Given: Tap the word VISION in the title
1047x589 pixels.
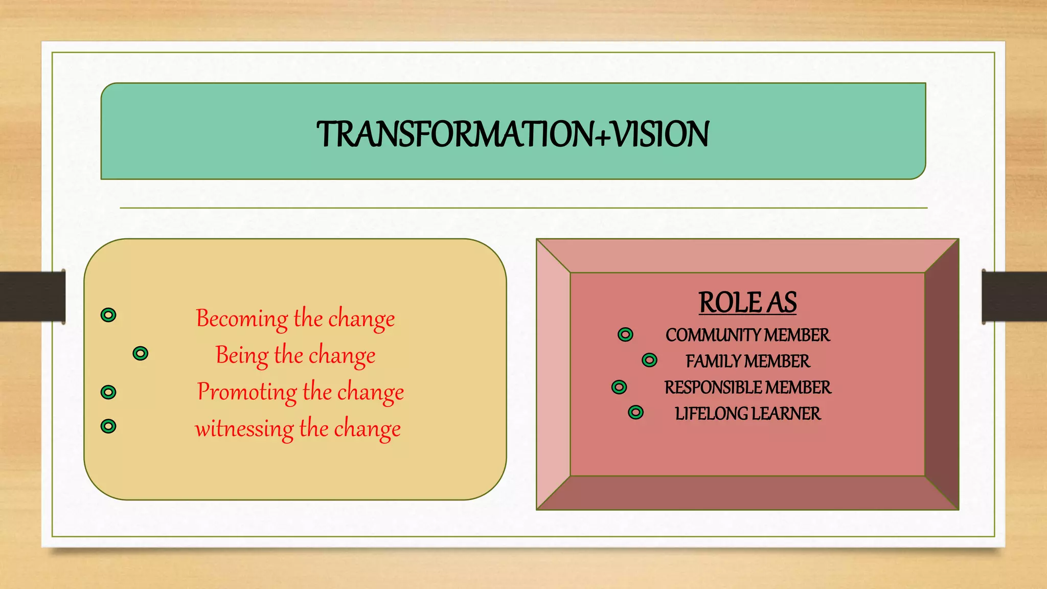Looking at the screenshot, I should point(661,134).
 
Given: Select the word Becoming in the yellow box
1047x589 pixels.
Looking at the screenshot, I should point(241,319).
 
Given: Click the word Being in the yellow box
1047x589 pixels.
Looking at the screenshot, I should point(241,355).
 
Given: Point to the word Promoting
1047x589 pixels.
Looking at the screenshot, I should point(247,392).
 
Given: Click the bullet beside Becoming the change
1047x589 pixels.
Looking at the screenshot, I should point(108,315).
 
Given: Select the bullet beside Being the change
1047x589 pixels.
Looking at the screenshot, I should point(140,353).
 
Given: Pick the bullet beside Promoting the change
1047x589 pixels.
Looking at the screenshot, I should point(108,392).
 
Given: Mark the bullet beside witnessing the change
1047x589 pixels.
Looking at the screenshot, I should point(108,426).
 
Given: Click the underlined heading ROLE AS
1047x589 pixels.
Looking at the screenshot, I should point(747,303).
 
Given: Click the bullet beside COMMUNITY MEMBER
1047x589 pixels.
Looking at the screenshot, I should point(625,334).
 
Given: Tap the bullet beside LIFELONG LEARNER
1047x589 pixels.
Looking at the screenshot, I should point(635,412).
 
